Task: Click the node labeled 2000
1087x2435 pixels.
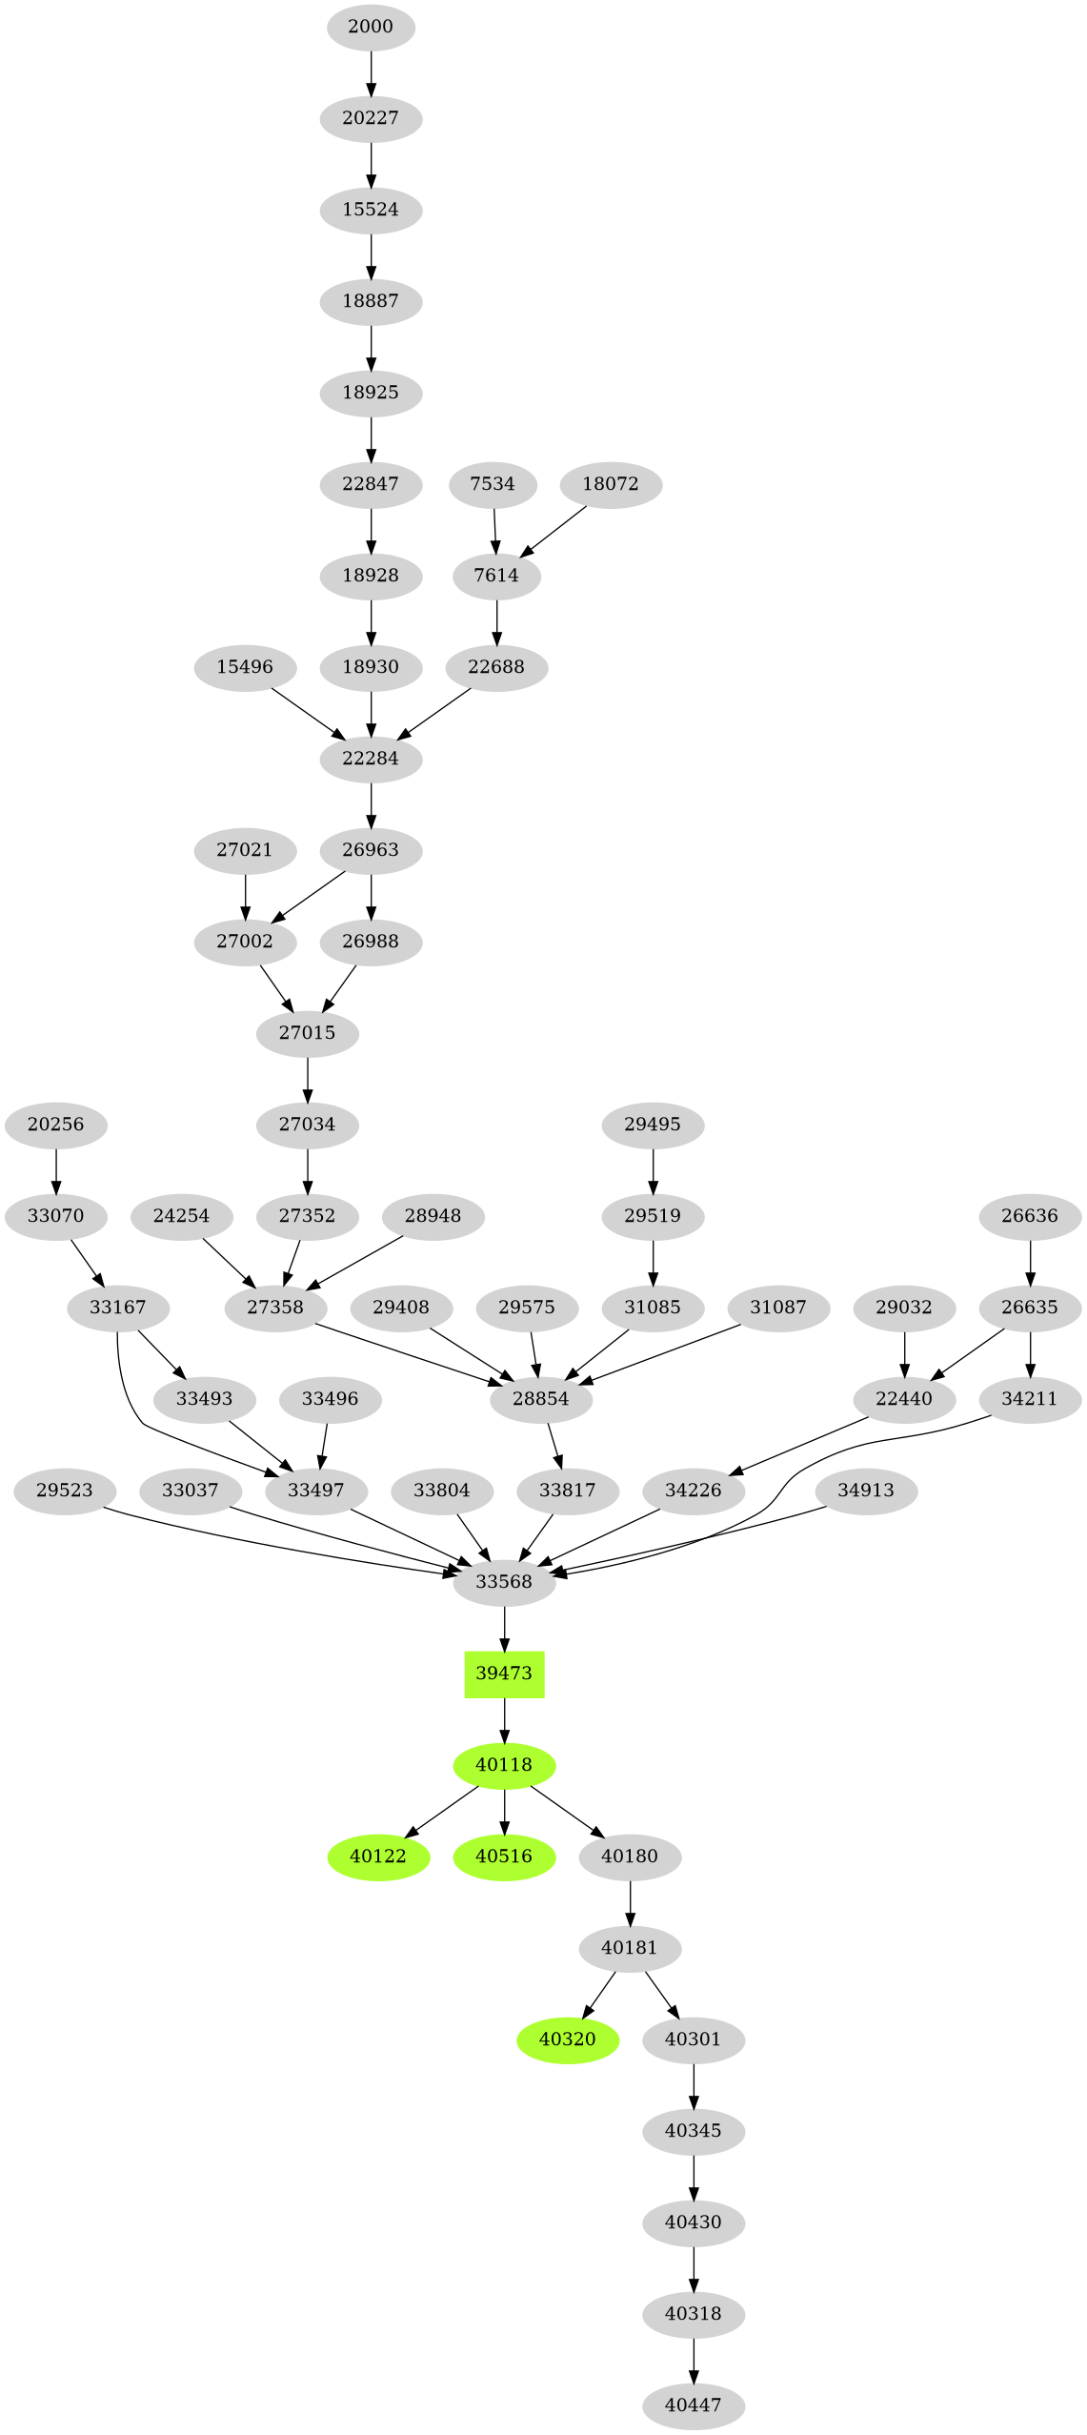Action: [x=371, y=27]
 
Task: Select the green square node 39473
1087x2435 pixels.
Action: [x=504, y=1673]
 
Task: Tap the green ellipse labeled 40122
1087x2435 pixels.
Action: [x=378, y=1856]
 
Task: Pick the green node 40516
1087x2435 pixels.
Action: [x=504, y=1856]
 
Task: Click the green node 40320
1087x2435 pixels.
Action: [x=568, y=2039]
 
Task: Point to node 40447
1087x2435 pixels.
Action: [x=694, y=2405]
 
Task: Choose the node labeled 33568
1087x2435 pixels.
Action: [x=504, y=1581]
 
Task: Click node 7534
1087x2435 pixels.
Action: [x=493, y=484]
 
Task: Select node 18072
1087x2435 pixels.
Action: [x=611, y=484]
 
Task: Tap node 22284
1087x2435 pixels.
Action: [x=371, y=759]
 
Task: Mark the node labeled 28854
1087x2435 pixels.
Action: [x=541, y=1398]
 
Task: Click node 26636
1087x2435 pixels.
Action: [x=1030, y=1215]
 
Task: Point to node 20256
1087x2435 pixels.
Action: [x=56, y=1124]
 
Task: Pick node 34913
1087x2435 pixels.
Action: [x=866, y=1490]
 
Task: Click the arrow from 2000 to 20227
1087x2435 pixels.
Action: [x=371, y=72]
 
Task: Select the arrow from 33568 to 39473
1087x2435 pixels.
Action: [x=504, y=1628]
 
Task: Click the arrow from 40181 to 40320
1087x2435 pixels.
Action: [x=599, y=1993]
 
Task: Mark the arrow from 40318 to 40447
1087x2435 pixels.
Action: [x=694, y=2359]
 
